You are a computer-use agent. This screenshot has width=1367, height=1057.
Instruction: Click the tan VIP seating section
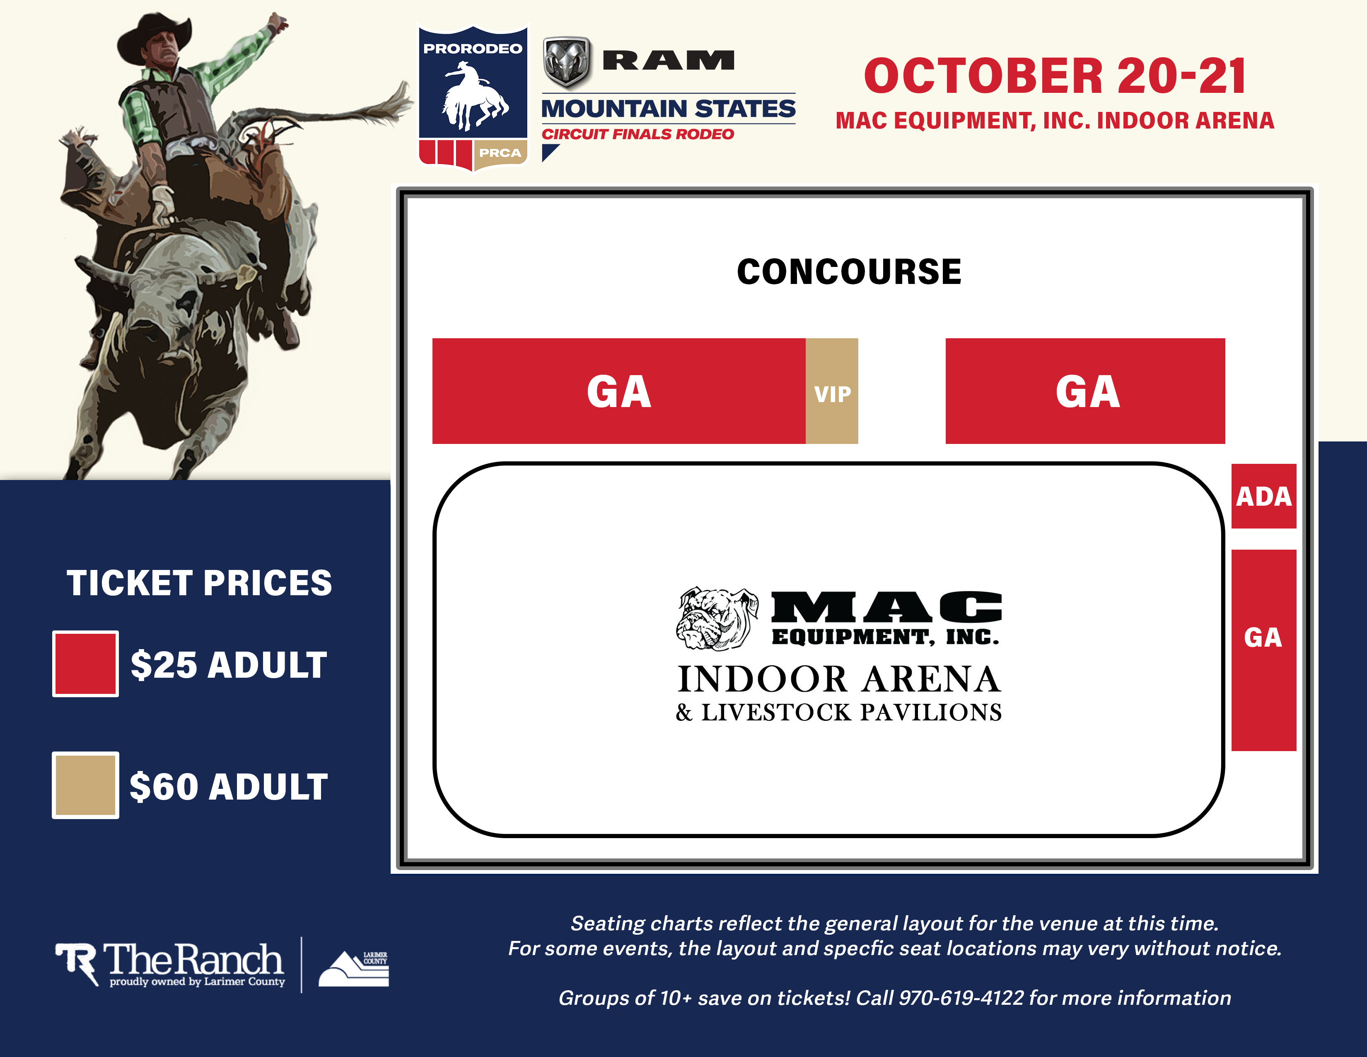(x=831, y=391)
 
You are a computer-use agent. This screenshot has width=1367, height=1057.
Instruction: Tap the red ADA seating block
(x=1263, y=496)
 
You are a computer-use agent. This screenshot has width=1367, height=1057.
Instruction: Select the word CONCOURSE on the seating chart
(x=849, y=272)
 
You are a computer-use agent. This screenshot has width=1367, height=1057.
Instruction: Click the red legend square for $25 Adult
(x=85, y=663)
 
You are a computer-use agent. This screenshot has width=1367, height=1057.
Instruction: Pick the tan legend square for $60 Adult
(x=85, y=785)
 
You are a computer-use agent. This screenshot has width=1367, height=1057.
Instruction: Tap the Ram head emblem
(x=566, y=61)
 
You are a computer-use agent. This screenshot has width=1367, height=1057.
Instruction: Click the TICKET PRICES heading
(x=199, y=583)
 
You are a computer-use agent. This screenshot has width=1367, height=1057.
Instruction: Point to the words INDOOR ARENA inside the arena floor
(x=839, y=679)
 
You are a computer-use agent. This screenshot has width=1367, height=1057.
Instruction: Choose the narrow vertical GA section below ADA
(x=1263, y=650)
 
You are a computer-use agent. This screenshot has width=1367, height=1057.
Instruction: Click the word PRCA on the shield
(x=500, y=153)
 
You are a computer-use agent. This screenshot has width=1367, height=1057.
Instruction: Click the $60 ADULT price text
(x=229, y=786)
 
